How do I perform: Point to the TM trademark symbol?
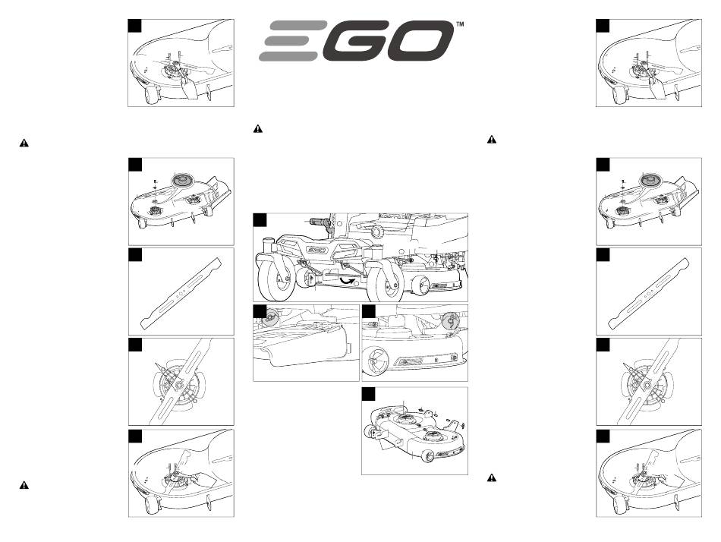click(459, 24)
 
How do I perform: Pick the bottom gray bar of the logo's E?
click(288, 56)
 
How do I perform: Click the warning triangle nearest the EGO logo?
click(258, 129)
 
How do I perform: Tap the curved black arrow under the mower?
click(347, 280)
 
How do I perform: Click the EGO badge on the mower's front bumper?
click(316, 250)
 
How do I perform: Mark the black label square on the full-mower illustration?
click(260, 220)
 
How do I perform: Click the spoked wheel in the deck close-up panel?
click(375, 361)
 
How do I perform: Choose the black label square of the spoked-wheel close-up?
click(369, 311)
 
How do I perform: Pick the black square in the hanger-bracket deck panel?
click(369, 394)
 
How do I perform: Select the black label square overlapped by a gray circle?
click(260, 311)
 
